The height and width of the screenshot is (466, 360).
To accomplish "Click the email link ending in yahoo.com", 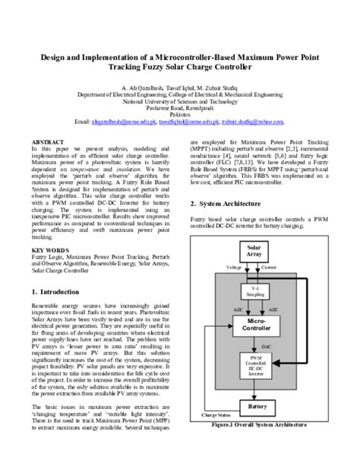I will [254, 122].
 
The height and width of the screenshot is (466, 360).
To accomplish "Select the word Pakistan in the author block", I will [180, 114].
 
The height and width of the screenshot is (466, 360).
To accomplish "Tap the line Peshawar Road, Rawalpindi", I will [180, 107].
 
